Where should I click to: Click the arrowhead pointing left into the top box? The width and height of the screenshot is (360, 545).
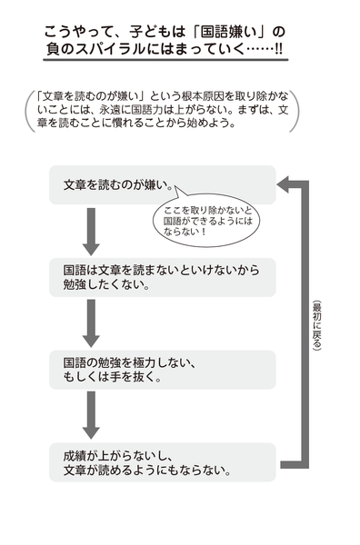[x=285, y=185]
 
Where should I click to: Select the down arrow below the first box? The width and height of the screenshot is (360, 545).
[x=90, y=232]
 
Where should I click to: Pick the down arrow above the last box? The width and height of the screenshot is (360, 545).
[x=90, y=417]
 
